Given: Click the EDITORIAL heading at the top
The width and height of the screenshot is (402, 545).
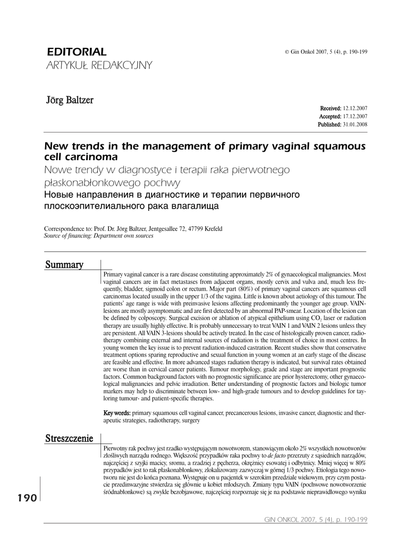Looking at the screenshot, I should click(x=77, y=52).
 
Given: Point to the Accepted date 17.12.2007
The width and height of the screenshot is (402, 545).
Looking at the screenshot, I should click(x=355, y=116).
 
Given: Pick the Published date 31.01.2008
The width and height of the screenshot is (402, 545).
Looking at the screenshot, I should click(x=355, y=124).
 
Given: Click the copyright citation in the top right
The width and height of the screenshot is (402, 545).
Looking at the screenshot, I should click(x=326, y=52).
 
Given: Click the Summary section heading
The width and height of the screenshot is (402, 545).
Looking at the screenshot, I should click(x=64, y=265).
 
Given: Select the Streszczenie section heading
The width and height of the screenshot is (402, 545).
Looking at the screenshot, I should click(x=70, y=439).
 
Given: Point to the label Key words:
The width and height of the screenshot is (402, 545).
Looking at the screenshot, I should click(x=116, y=412).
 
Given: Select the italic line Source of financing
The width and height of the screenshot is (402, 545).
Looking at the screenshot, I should click(x=98, y=236).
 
